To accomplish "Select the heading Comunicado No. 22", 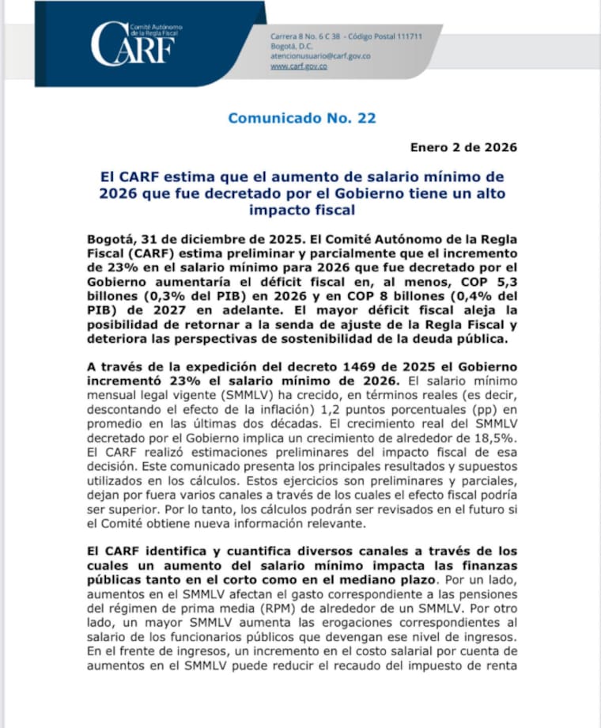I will point(301,119).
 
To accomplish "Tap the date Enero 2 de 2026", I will point(463,147).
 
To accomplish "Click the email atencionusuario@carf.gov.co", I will point(320,56).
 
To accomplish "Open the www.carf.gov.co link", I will point(299,66).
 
